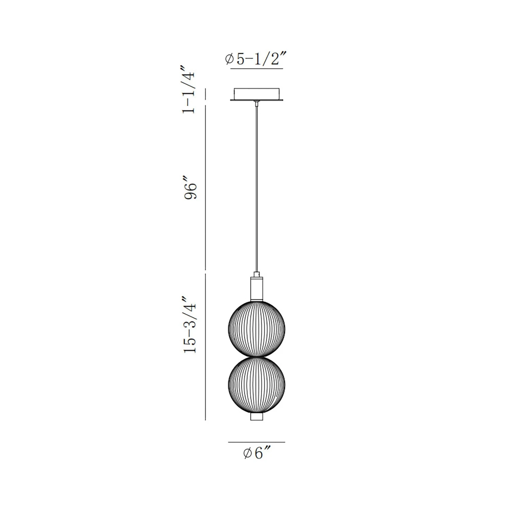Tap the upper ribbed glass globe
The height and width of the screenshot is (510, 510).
(x=257, y=328)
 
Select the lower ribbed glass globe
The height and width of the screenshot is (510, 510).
(x=257, y=385)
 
